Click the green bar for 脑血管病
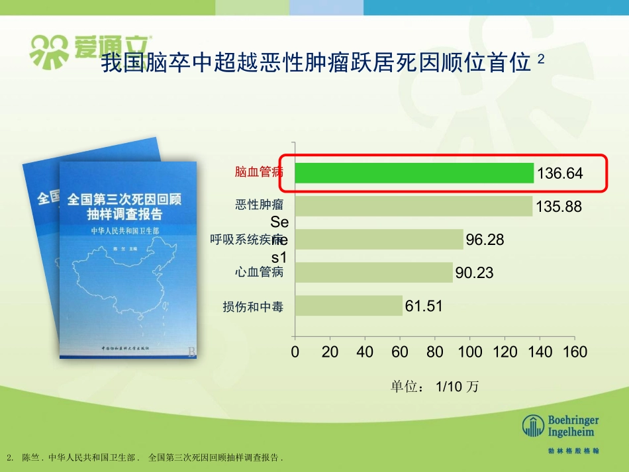414,173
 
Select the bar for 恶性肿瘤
413,206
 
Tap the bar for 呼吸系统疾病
379,239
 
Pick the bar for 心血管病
373,272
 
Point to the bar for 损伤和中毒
349,305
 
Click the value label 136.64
559,173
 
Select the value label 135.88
559,207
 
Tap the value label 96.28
485,240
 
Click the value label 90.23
475,273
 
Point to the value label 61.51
424,306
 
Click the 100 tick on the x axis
470,352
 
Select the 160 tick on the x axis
575,352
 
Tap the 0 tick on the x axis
295,352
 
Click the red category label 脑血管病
259,172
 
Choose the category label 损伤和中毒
253,307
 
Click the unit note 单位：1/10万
434,387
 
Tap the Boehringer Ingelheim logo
561,427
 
